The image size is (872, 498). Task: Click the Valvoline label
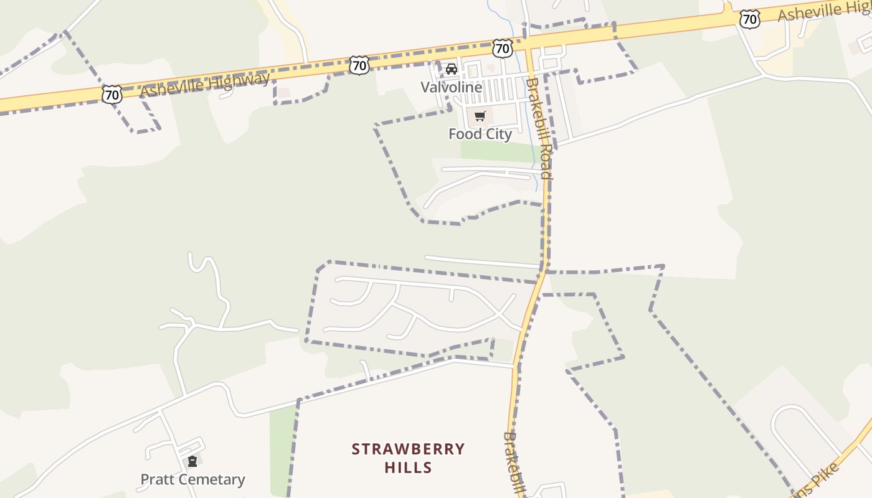pos(451,87)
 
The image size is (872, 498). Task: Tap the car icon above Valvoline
pos(452,68)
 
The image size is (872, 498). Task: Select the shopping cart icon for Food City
pos(480,116)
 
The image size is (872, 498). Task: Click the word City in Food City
pos(496,134)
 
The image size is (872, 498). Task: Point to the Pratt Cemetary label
pos(192,479)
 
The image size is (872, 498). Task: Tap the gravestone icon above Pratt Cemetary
pos(192,461)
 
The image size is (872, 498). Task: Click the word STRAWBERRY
pos(408,449)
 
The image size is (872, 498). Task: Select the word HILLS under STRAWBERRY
pos(408,467)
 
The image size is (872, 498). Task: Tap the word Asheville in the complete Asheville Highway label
pos(172,88)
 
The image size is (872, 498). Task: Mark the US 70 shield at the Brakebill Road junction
pos(502,47)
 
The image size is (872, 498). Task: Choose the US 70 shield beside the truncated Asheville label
pos(750,19)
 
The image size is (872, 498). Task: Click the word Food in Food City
pos(463,134)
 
